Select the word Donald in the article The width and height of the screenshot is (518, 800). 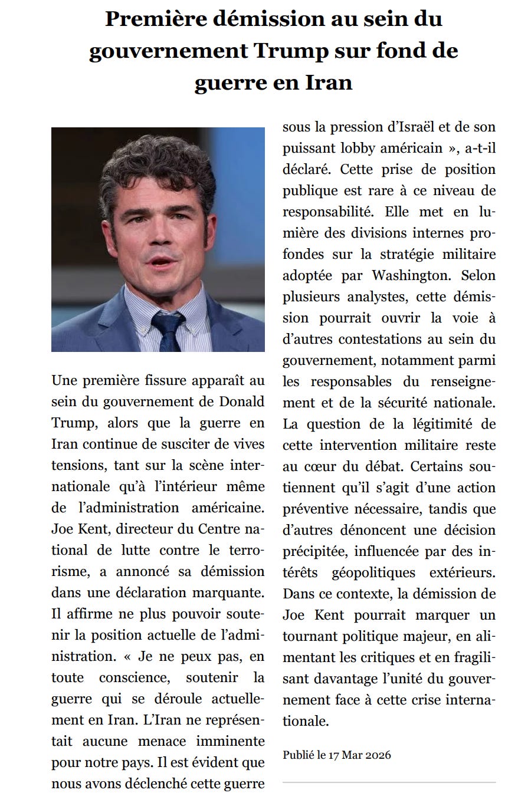click(242, 401)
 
